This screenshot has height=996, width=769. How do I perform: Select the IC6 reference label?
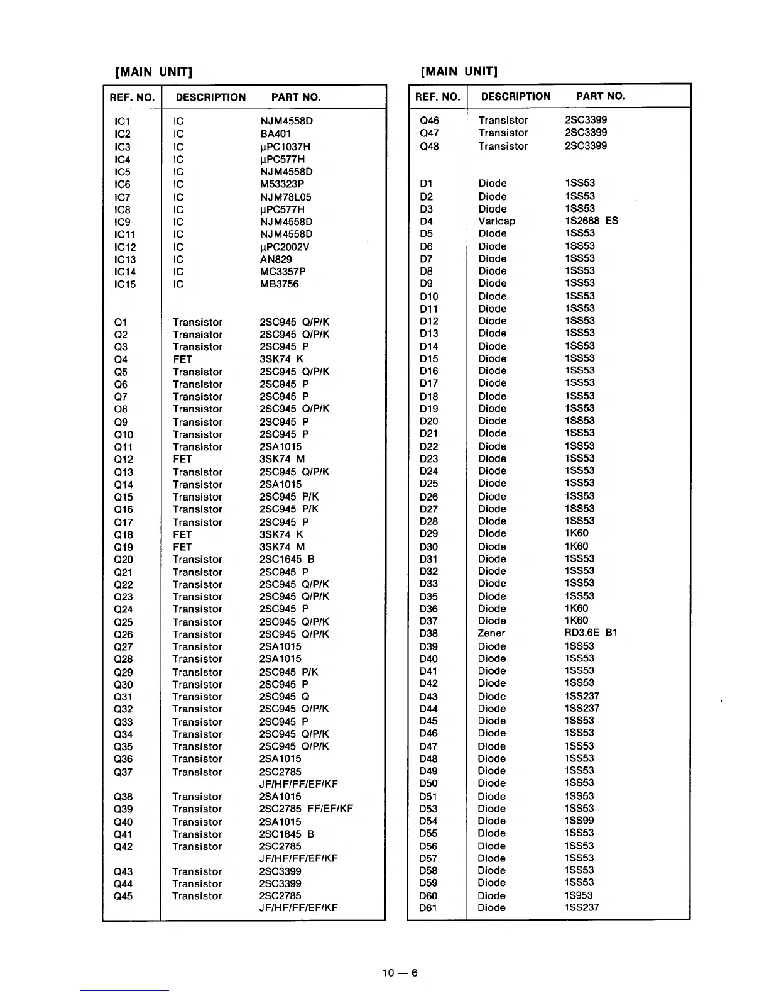coord(123,184)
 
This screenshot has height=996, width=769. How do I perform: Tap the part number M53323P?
coord(282,184)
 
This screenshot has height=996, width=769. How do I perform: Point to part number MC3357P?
coord(283,272)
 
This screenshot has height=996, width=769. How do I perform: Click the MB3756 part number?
coord(279,284)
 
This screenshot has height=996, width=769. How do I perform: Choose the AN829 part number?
coord(276,259)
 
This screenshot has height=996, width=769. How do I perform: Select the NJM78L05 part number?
coord(285,197)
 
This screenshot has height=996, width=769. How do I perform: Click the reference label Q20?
coord(123,560)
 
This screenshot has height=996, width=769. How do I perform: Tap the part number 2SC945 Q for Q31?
coord(284,697)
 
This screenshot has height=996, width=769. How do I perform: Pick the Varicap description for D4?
coord(496,221)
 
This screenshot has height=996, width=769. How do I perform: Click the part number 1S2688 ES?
coord(591,221)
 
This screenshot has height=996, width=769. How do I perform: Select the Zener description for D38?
coord(491,633)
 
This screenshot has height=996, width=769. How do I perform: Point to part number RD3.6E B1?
coord(591,633)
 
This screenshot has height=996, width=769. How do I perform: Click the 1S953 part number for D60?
coord(578,895)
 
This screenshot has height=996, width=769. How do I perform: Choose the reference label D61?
coord(428,908)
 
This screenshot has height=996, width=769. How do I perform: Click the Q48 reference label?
coord(429,147)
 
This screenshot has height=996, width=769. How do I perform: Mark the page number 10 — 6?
coord(400,973)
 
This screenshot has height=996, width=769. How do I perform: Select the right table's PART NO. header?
coord(601,96)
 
